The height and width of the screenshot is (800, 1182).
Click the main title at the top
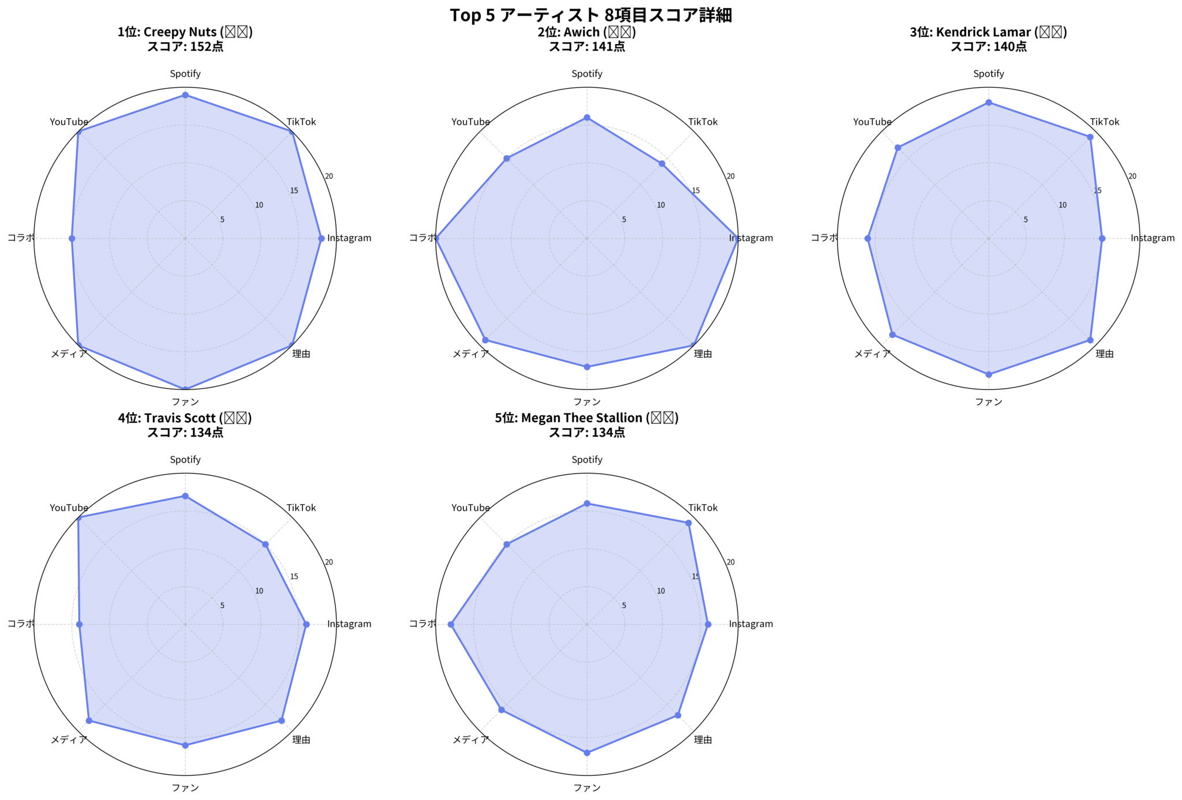(590, 15)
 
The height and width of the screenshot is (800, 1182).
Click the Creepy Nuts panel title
(185, 39)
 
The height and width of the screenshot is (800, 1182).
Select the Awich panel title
(586, 39)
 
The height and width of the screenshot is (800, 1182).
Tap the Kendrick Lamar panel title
(988, 39)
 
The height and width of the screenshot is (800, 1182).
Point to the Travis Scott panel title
(185, 425)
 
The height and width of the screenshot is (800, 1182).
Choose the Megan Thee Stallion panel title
(586, 425)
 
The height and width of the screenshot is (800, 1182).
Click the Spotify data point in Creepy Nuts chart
(185, 95)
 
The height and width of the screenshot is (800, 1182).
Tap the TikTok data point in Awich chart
(662, 164)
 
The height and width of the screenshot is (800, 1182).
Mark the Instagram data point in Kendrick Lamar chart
(1102, 238)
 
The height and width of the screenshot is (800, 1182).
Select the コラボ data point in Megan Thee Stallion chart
(451, 624)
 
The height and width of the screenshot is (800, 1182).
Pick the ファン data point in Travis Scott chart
(185, 745)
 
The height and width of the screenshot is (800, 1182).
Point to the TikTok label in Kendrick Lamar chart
(1104, 122)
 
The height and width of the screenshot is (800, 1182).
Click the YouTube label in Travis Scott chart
(69, 508)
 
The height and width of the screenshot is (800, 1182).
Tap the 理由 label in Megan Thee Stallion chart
(703, 740)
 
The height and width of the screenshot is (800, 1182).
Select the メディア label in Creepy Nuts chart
(69, 354)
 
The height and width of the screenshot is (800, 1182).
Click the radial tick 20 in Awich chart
(731, 176)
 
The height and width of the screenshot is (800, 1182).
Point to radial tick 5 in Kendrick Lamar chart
(1026, 220)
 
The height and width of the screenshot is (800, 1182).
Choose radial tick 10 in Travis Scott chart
(259, 591)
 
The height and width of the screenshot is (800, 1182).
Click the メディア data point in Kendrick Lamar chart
(892, 335)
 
